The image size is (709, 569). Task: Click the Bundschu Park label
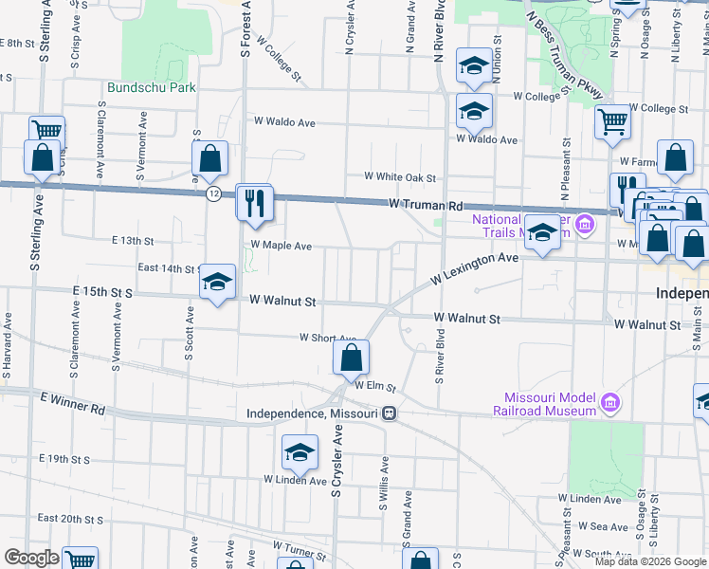click(x=151, y=87)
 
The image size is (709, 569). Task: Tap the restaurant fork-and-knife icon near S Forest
click(x=255, y=204)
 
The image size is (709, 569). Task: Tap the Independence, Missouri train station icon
click(x=390, y=413)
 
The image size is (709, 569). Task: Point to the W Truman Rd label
click(x=425, y=205)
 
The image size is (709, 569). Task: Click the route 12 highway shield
click(x=214, y=193)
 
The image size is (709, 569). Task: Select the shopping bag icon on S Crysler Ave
click(x=351, y=358)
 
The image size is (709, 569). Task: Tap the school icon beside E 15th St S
click(x=217, y=283)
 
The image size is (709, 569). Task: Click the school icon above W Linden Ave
click(x=300, y=452)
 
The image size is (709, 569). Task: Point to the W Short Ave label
click(x=327, y=337)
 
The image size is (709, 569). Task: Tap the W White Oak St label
click(x=401, y=177)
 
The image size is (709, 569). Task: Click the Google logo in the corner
click(x=31, y=557)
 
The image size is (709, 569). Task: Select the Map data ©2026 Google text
click(x=649, y=560)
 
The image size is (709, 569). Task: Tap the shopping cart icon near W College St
click(x=613, y=122)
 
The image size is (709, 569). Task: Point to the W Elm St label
click(x=374, y=386)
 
